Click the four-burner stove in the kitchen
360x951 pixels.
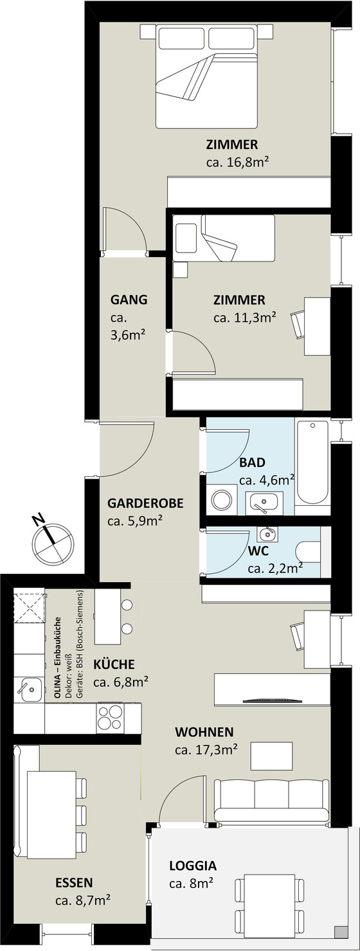coord(111,717)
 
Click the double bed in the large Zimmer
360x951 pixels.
coord(207,76)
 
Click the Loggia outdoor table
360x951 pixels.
coord(270,897)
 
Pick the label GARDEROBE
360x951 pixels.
coord(145,503)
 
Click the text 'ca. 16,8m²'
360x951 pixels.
coord(239,162)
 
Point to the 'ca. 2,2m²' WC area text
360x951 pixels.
coord(275,568)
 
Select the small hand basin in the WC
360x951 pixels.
coord(267,534)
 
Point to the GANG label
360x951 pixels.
coord(129,299)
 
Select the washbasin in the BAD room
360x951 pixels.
coord(264,503)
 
